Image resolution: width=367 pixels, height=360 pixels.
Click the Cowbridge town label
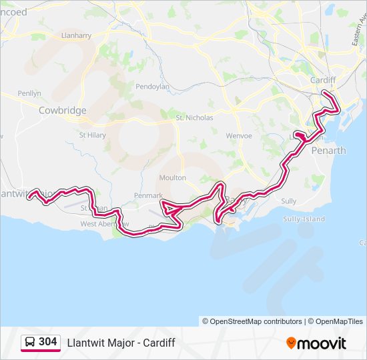(63, 110)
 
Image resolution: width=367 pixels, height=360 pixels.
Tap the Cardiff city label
(323, 80)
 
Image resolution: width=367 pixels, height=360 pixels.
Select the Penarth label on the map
(330, 151)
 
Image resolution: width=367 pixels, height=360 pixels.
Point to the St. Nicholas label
(194, 118)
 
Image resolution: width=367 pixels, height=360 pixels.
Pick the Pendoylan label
(153, 87)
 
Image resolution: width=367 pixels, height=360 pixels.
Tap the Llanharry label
(75, 35)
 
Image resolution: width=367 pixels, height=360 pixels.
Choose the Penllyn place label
(29, 93)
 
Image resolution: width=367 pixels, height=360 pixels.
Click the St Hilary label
(93, 135)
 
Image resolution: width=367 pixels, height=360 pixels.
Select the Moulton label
(173, 178)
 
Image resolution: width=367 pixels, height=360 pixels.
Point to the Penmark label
(148, 196)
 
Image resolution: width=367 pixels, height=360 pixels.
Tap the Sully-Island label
(304, 219)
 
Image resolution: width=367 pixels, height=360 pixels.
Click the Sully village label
(288, 201)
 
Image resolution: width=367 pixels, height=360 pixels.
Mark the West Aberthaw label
(105, 225)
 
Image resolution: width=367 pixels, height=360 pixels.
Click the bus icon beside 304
(30, 343)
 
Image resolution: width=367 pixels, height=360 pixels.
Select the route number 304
(48, 342)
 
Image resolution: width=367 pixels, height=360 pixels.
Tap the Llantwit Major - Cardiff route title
(121, 343)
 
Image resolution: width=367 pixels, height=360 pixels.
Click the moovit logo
(316, 343)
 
